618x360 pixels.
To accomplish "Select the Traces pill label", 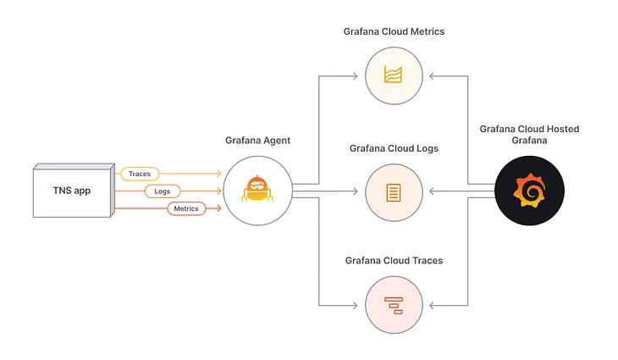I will (139, 174).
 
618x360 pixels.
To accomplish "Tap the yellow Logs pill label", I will (162, 191).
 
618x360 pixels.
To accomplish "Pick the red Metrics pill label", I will (185, 208).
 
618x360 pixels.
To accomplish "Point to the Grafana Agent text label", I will (257, 141).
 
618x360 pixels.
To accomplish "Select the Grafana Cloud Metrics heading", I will (394, 31).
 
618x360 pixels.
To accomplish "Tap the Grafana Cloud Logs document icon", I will (393, 191).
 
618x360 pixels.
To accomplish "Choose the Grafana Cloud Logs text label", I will (393, 149).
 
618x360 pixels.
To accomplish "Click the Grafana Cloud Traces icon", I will (393, 305).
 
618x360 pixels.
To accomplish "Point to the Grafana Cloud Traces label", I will (393, 261).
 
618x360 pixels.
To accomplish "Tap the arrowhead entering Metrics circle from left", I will (354, 76).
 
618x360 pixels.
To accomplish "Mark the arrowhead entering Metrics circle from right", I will (433, 76).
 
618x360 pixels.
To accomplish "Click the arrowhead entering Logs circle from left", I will (354, 191).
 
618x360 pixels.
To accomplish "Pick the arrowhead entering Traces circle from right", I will (433, 305).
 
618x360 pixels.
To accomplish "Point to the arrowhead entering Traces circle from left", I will (354, 305).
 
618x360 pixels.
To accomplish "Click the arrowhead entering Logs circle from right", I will (433, 191).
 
